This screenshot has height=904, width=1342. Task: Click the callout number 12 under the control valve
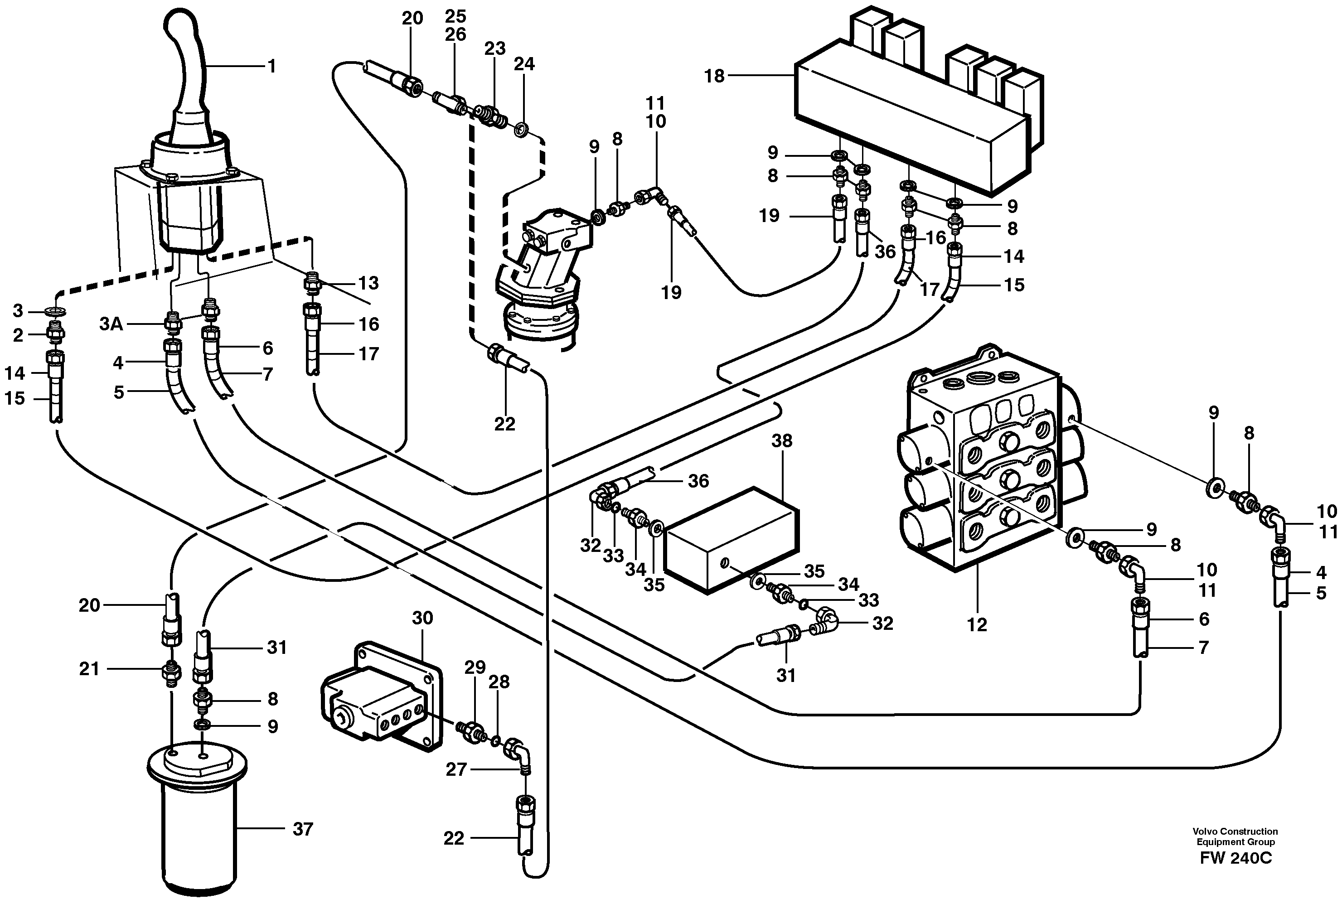[977, 624]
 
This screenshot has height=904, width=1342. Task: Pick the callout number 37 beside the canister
[303, 829]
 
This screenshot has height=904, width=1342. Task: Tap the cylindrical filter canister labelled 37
[199, 824]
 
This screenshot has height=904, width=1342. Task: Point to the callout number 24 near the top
[524, 64]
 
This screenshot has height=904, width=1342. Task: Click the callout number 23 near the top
[495, 48]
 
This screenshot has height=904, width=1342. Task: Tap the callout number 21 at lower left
[89, 669]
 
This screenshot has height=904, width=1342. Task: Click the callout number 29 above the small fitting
[475, 667]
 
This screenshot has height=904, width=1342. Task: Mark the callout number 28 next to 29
[499, 682]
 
